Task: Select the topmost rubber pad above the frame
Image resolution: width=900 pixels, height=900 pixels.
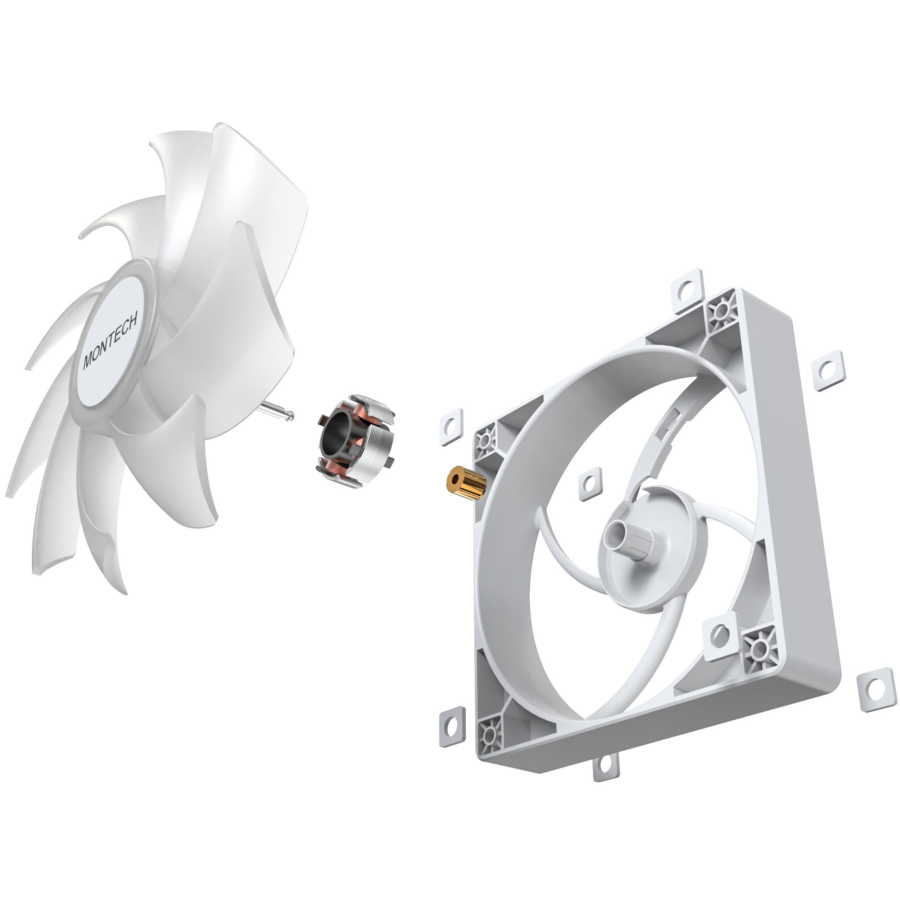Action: [x=687, y=288]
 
